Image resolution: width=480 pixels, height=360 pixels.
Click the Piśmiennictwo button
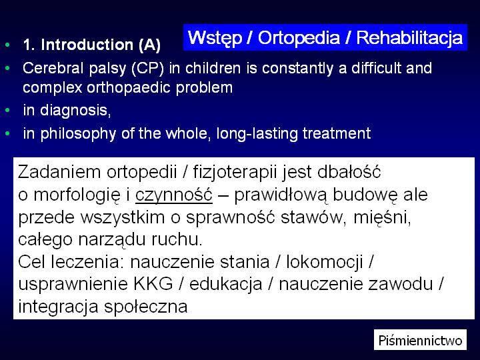(420, 340)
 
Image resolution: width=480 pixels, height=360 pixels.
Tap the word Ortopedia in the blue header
(299, 38)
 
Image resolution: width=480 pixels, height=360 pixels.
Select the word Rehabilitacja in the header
(409, 37)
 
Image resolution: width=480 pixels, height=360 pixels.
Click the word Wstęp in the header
(215, 38)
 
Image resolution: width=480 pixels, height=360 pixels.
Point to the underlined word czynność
(174, 195)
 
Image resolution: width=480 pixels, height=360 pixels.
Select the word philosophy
(78, 134)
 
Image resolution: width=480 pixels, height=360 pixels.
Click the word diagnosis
(75, 111)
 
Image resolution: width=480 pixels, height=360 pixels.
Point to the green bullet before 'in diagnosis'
(7, 109)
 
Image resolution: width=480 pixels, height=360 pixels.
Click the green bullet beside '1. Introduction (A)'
(7, 45)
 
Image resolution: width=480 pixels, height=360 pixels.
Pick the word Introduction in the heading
(87, 45)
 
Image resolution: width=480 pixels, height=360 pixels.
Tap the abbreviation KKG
(153, 284)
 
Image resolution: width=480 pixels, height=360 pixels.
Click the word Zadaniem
(59, 172)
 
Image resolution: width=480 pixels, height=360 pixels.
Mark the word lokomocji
(325, 262)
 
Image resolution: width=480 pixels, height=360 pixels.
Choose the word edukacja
(226, 284)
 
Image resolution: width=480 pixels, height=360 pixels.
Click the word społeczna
(146, 307)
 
